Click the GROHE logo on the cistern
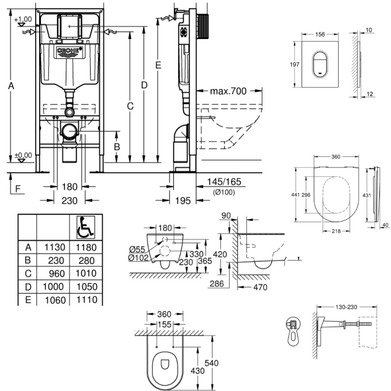pyautogui.click(x=69, y=51)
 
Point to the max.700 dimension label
pyautogui.click(x=228, y=91)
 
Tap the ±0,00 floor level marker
pyautogui.click(x=23, y=155)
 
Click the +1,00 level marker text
pyautogui.click(x=22, y=19)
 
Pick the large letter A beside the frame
pyautogui.click(x=12, y=86)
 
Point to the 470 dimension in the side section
pyautogui.click(x=260, y=287)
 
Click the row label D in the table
pyautogui.click(x=28, y=286)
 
